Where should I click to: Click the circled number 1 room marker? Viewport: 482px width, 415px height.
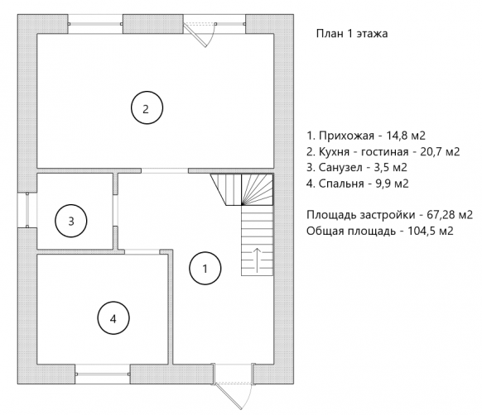tap(205, 269)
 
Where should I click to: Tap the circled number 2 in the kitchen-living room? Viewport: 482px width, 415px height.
tap(147, 107)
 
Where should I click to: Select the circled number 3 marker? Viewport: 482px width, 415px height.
tap(71, 221)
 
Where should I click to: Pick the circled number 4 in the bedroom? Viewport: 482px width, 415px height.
tap(113, 318)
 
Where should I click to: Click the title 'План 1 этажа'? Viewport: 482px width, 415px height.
tap(352, 33)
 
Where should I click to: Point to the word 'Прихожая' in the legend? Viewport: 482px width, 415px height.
tap(346, 136)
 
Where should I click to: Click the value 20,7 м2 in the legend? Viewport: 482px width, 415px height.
tap(440, 151)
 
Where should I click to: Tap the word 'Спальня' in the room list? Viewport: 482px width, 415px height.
tap(341, 184)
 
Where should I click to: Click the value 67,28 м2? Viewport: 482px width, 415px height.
tap(450, 215)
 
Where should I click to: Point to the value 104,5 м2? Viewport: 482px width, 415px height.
tap(431, 231)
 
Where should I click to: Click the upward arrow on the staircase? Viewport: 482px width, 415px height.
tap(257, 260)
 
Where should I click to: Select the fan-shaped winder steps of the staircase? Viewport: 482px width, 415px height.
tap(258, 189)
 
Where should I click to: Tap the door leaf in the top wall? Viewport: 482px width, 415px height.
tap(195, 35)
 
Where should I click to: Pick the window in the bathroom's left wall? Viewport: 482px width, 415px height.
tap(27, 210)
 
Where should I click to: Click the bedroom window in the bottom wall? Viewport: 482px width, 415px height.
tap(103, 374)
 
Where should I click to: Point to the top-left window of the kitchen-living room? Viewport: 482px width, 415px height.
tap(95, 24)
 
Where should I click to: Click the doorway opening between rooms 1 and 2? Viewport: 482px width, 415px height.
tap(165, 170)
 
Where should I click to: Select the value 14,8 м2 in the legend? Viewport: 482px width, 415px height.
tap(406, 136)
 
